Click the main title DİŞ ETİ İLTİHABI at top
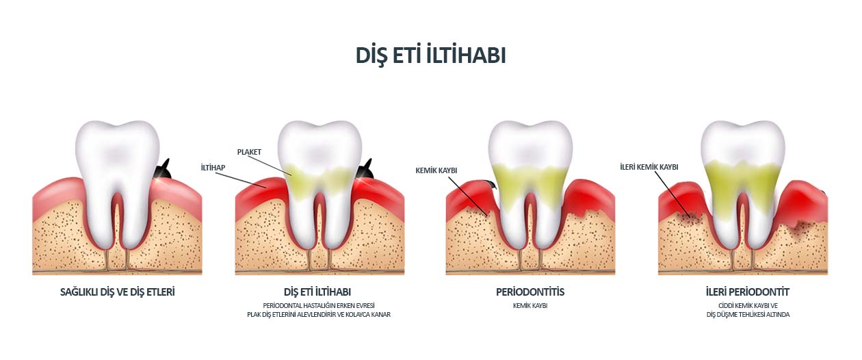click(430, 56)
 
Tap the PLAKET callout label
click(249, 152)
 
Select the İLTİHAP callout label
click(213, 168)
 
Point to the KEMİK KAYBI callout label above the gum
click(436, 170)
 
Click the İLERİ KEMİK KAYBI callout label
click(649, 167)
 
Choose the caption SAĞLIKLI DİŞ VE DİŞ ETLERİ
click(118, 292)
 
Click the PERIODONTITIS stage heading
click(530, 292)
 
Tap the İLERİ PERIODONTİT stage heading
click(747, 292)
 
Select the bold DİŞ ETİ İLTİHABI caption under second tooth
click(317, 292)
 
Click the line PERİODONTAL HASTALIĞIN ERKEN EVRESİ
click(319, 306)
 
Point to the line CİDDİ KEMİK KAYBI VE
click(748, 306)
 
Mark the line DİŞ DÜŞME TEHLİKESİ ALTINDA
click(748, 315)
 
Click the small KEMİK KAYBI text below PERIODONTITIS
click(530, 306)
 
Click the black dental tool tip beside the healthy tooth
click(163, 170)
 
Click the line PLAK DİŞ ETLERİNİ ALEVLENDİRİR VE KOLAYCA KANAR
click(319, 315)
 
